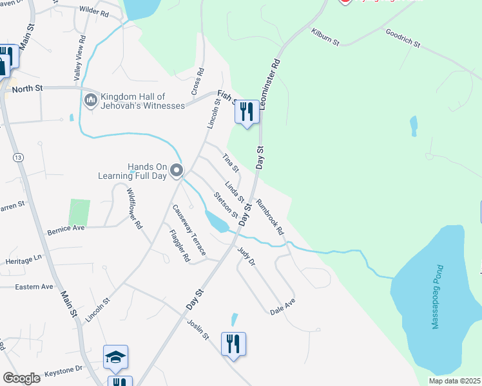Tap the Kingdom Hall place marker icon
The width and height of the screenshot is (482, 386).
(90, 101)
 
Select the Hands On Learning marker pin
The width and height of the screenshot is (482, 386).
(177, 170)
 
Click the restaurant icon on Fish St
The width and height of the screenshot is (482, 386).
(246, 112)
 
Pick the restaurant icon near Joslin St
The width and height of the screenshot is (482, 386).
(233, 343)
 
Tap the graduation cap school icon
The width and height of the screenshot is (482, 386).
(116, 358)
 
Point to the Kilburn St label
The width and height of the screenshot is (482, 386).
(325, 37)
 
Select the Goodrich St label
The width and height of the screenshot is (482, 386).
(403, 38)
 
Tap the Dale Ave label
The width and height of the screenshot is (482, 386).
(282, 306)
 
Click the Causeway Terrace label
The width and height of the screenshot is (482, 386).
(188, 230)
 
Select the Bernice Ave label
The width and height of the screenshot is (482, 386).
(66, 228)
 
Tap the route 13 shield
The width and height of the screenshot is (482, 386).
(17, 157)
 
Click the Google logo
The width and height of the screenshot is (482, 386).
(21, 378)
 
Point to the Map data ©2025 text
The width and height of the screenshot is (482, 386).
(454, 381)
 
